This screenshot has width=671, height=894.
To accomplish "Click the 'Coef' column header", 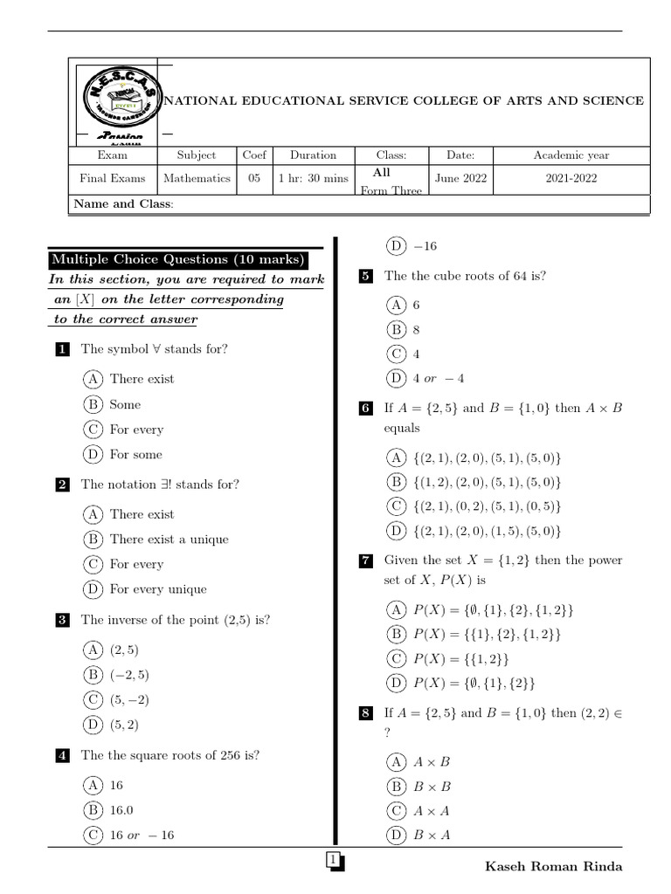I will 254,155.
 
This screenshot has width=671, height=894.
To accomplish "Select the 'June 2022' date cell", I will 460,178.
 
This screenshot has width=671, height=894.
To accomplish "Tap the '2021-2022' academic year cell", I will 571,178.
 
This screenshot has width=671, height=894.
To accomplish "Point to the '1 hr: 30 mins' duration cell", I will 313,178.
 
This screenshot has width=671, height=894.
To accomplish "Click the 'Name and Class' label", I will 123,203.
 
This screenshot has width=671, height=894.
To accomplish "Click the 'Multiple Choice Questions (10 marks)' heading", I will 178,259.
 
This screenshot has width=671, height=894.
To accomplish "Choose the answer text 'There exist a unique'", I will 169,540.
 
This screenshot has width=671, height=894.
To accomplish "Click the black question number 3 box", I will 62,621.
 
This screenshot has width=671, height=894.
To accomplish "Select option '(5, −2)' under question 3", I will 124,699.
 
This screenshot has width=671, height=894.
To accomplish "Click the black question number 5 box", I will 366,277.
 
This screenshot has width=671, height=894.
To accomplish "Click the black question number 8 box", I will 366,714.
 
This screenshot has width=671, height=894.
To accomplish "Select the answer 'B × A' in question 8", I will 432,836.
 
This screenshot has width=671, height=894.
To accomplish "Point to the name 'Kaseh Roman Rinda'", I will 553,866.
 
